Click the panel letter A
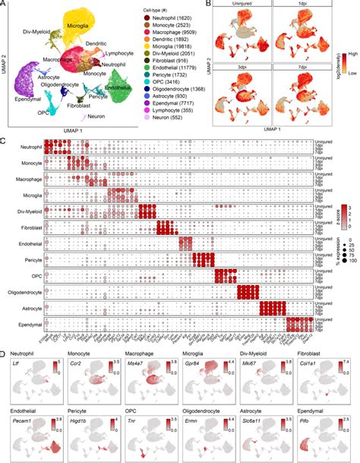[x=5, y=5]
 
